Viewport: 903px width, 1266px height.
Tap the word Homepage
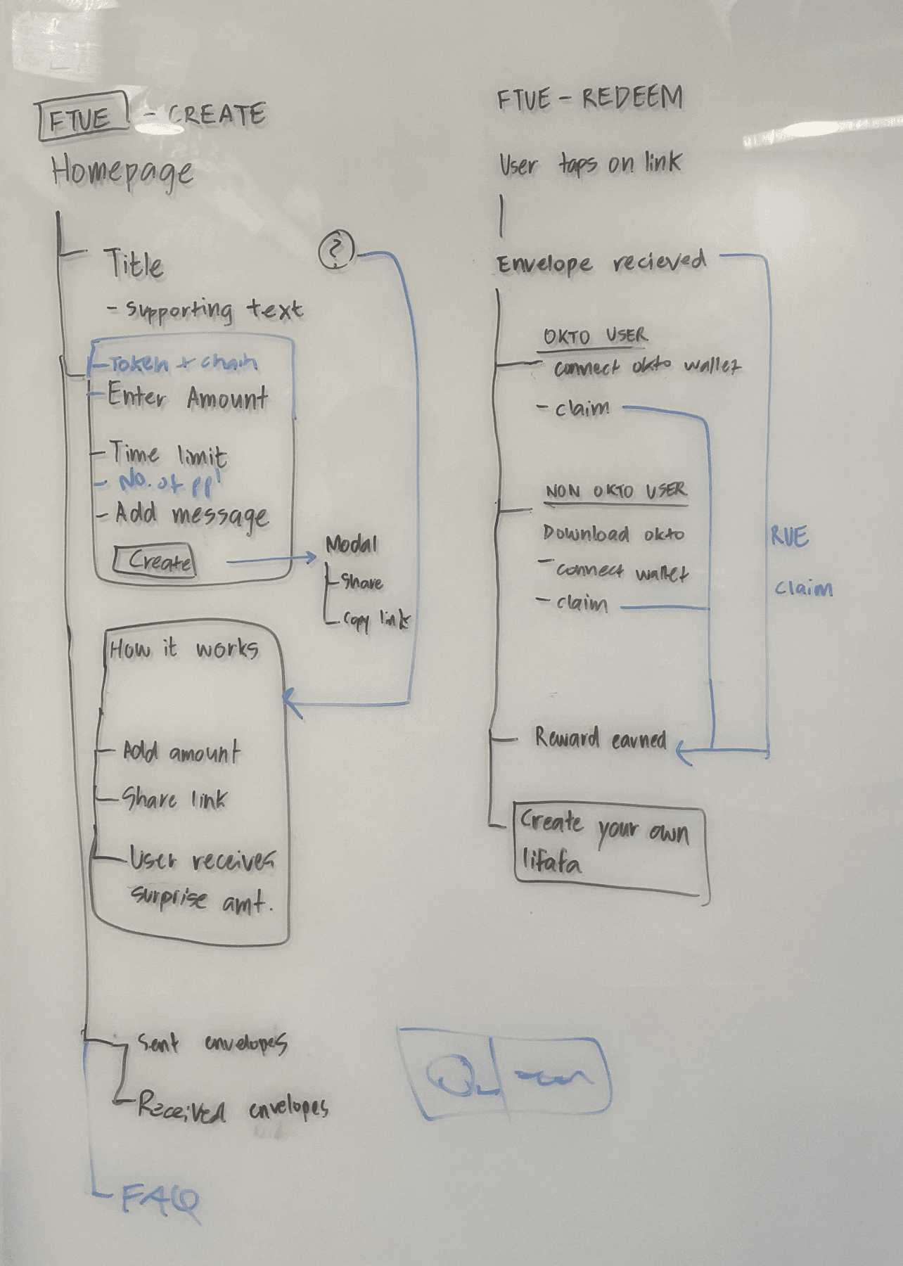coord(122,171)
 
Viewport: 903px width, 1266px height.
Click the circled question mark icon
coord(337,250)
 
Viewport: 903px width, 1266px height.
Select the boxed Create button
coord(154,562)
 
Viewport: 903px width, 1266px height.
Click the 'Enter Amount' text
coord(187,397)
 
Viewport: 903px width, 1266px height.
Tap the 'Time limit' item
coord(167,454)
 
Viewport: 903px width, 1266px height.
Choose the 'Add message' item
coord(191,515)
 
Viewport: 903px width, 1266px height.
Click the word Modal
coord(352,544)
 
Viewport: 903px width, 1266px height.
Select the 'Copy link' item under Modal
coord(376,620)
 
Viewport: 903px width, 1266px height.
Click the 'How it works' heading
coord(184,648)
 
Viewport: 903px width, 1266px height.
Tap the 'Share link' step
coord(174,799)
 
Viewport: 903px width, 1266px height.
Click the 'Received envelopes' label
coord(232,1108)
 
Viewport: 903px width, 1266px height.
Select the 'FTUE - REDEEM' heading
coord(590,98)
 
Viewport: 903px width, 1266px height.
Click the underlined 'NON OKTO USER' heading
coord(616,491)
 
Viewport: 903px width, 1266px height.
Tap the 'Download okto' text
coord(613,533)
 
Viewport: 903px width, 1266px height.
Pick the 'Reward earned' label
coord(600,738)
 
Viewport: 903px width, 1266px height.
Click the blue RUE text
coord(789,537)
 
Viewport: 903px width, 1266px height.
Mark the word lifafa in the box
coord(551,860)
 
